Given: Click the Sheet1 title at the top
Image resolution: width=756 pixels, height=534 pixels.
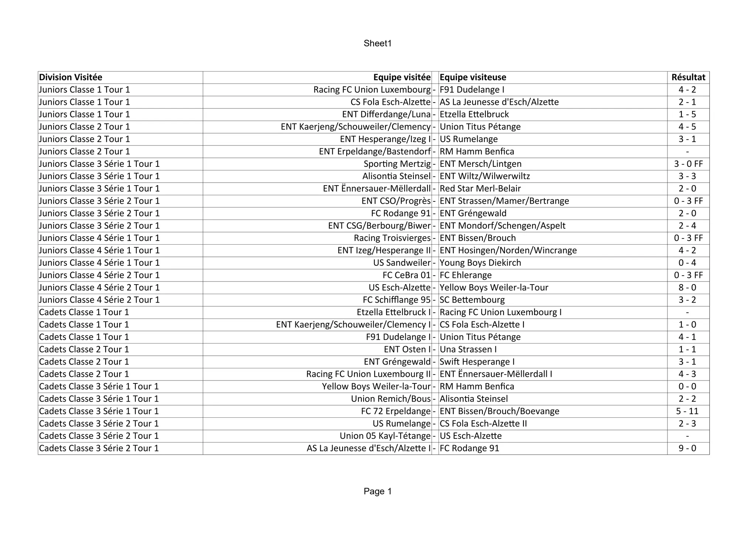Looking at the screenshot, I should tap(377, 44).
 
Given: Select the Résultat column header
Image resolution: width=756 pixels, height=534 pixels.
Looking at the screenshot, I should tap(688, 77).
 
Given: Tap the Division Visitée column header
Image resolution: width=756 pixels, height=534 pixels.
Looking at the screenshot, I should tap(71, 77).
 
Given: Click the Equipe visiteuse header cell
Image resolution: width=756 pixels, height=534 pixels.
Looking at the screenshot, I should tap(473, 77).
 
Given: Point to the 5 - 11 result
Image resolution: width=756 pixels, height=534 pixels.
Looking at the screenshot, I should tap(687, 411).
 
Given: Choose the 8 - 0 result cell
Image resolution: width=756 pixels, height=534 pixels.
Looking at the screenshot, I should tap(687, 287).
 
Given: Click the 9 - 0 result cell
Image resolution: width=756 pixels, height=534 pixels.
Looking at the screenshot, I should tap(687, 448).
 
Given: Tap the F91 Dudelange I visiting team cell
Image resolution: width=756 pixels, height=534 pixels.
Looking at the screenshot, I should tap(472, 90).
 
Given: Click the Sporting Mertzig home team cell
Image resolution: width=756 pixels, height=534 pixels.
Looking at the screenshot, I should tap(397, 164).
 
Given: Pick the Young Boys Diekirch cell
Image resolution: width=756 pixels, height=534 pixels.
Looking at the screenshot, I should tap(480, 263).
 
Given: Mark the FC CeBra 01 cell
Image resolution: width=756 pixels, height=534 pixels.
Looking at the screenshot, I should tap(406, 275).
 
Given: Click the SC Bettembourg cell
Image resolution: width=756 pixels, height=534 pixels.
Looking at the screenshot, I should tap(472, 300).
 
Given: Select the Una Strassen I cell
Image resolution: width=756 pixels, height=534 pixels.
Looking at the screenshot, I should tap(468, 349).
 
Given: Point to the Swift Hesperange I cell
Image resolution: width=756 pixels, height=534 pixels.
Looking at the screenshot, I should tap(477, 362).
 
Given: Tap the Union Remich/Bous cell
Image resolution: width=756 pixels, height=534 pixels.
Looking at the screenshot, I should tap(391, 399).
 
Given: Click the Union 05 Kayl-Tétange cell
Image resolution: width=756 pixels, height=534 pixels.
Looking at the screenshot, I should tap(385, 436).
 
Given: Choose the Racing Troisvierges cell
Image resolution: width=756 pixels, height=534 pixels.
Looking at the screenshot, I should tap(392, 238).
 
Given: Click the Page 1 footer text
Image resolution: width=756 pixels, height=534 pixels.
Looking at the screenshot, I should tap(377, 492).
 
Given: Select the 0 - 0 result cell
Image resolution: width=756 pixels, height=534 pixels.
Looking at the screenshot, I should tap(687, 386).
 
